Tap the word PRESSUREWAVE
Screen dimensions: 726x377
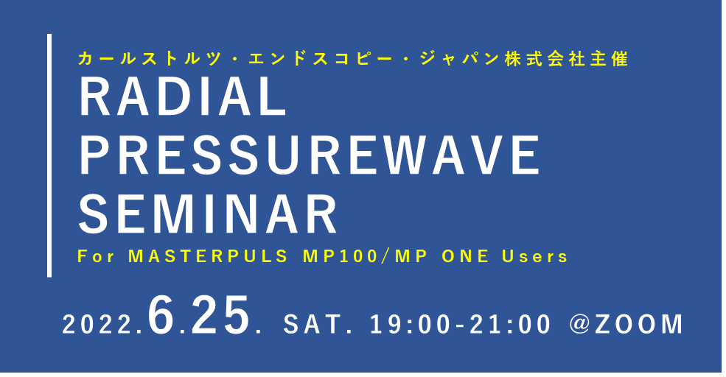310,155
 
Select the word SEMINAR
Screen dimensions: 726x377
208,214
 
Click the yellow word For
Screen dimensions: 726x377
96,257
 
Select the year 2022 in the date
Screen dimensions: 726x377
99,325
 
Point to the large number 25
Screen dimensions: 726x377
220,315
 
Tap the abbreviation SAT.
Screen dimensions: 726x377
315,324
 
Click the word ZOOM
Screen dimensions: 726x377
639,324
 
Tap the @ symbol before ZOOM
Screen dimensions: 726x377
579,324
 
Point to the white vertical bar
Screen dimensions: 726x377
49,155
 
